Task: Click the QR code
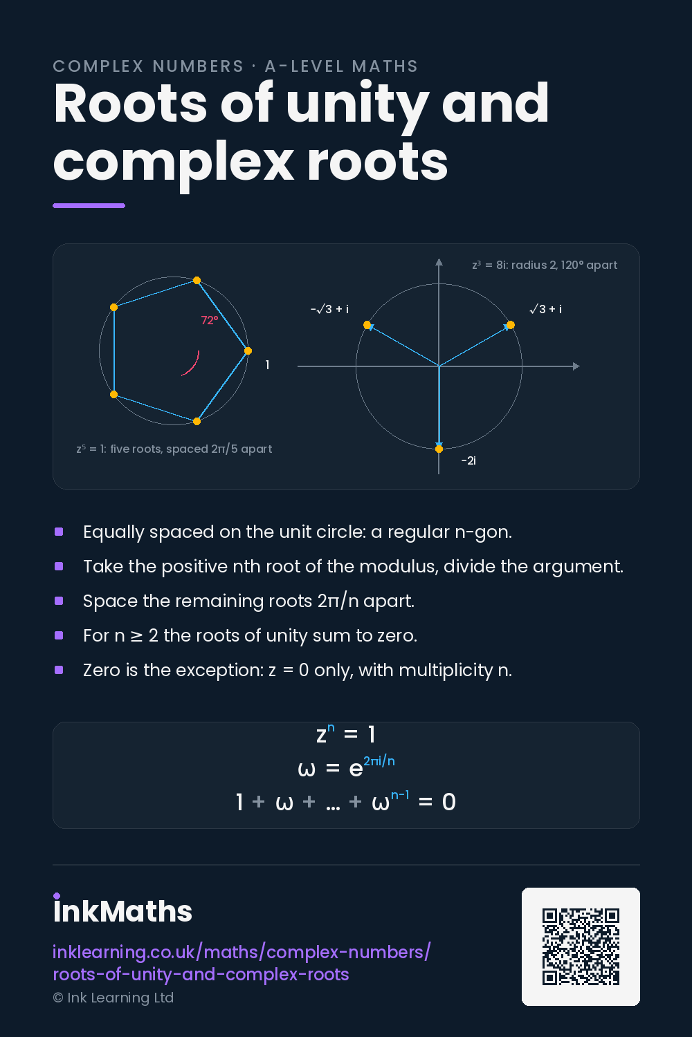point(581,946)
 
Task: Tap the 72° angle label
point(210,320)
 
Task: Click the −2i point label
point(468,460)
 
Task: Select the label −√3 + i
point(329,309)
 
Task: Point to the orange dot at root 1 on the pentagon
point(248,351)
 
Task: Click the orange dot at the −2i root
point(439,449)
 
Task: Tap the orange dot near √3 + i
point(510,325)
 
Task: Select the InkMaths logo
point(122,909)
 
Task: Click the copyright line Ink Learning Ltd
point(113,998)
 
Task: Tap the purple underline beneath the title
point(89,205)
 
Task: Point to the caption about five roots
point(174,449)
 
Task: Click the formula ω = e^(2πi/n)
point(346,767)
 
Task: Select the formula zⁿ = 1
point(346,734)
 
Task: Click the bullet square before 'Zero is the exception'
point(59,670)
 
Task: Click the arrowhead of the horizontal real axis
point(576,366)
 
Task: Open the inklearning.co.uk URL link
point(242,964)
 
